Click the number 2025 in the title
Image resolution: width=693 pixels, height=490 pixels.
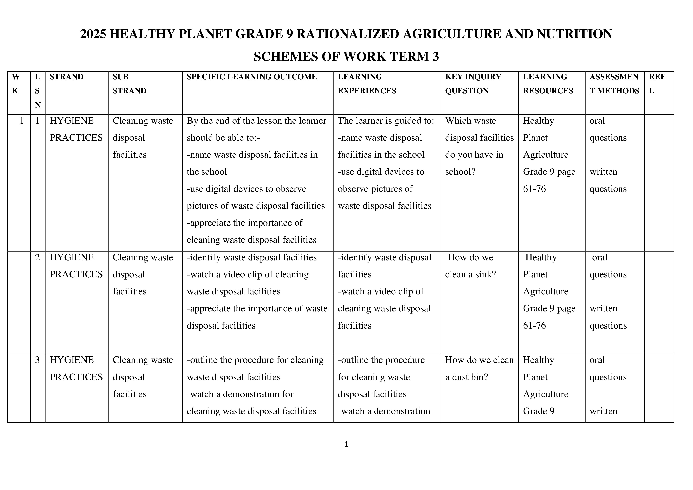pyautogui.click(x=93, y=34)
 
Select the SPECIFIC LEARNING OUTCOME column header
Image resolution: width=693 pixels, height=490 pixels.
pyautogui.click(x=252, y=77)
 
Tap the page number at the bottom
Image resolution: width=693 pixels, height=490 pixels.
pyautogui.click(x=346, y=444)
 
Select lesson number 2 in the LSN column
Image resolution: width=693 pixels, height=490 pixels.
pyautogui.click(x=37, y=257)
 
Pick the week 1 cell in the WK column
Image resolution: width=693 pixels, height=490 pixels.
pyautogui.click(x=21, y=121)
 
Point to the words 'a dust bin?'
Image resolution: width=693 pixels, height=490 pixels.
pyautogui.click(x=466, y=377)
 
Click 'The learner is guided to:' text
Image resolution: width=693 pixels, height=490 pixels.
pyautogui.click(x=386, y=121)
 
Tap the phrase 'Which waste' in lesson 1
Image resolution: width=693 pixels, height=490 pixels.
pyautogui.click(x=471, y=121)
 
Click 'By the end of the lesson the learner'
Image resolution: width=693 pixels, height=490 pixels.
pyautogui.click(x=256, y=121)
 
